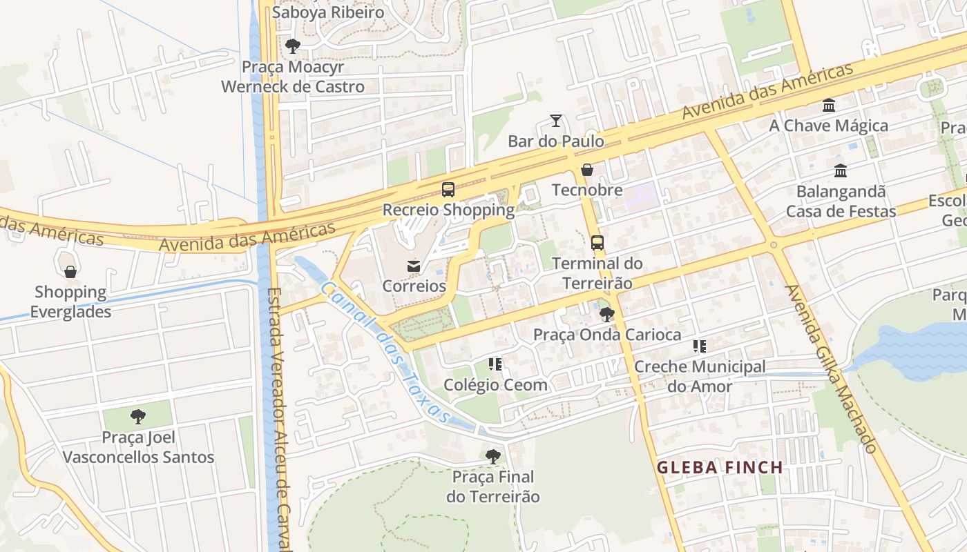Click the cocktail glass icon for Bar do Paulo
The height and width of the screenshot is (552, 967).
coord(556,121)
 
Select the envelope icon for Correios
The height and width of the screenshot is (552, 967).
coord(414,266)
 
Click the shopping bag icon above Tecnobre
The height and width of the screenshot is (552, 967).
coord(587,170)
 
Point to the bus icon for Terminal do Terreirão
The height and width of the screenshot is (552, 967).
coord(597,243)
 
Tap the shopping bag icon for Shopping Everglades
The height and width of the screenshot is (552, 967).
coord(70,272)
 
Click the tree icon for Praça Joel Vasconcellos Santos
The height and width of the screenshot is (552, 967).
coord(138,417)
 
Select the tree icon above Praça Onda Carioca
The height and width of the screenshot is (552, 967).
coord(607,315)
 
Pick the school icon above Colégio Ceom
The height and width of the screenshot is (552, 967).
coord(495,364)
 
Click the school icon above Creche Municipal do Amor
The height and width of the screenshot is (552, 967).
coord(700,346)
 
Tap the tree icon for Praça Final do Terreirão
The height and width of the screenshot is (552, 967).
coord(492,457)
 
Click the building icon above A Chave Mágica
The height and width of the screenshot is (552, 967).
coord(829,106)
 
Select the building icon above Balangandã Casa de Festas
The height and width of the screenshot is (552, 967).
coord(841,171)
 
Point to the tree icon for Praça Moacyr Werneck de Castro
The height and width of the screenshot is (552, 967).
coord(293,47)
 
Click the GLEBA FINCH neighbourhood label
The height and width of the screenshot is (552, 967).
coord(720,468)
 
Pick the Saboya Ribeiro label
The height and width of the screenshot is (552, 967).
coord(328,12)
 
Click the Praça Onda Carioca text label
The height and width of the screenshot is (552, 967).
coord(607,335)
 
